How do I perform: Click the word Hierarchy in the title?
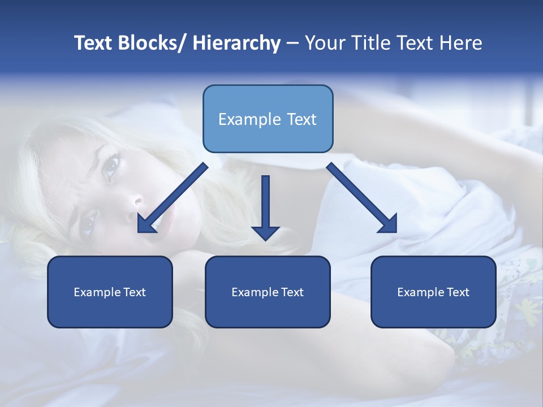(236, 43)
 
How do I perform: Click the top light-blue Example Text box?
(268, 119)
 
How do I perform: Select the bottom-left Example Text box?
(110, 292)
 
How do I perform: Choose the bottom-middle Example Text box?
(268, 292)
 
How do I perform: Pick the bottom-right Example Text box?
(433, 292)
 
